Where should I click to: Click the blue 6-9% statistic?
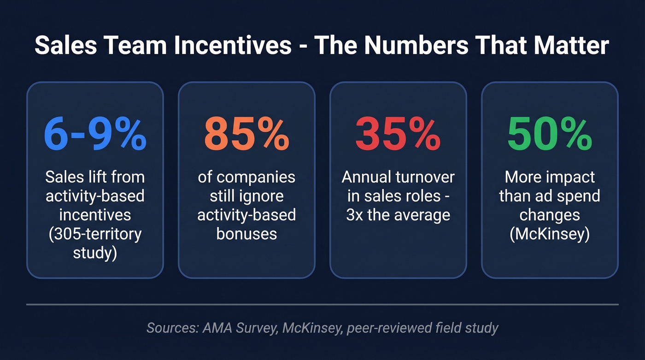coord(95,134)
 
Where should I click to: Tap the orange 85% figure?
coord(246,134)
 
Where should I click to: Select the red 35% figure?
coord(398,134)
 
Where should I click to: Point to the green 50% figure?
coord(550,134)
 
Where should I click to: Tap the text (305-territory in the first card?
coord(95,234)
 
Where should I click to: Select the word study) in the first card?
coord(95,253)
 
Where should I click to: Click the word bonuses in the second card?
coord(246,234)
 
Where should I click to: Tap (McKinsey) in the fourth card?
coord(550,234)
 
